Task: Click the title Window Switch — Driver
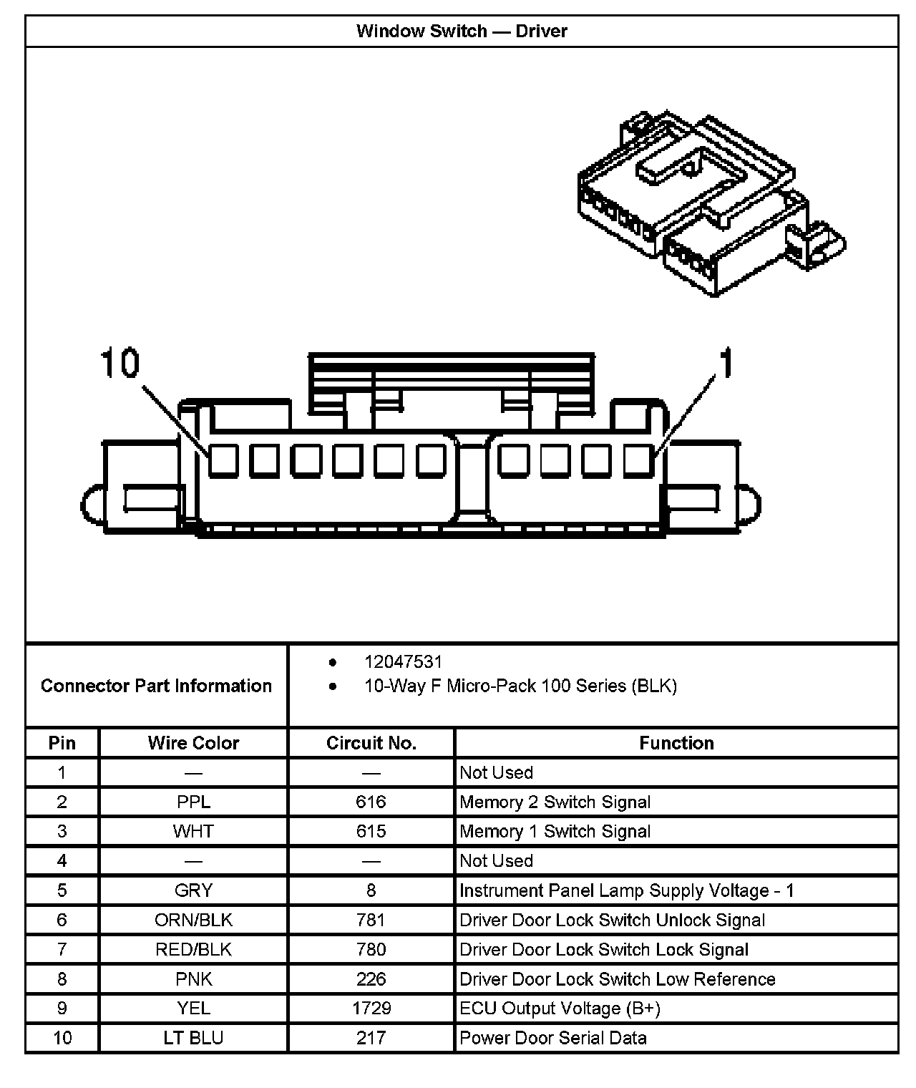462,31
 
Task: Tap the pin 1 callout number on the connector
726,363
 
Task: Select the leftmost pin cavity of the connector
223,460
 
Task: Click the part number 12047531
403,662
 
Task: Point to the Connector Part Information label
156,686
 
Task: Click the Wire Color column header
193,743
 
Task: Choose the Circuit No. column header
371,743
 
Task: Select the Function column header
676,743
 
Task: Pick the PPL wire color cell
193,802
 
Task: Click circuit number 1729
371,1009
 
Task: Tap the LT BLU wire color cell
193,1038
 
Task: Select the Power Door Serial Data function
552,1038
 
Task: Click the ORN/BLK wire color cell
193,920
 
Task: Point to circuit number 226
371,979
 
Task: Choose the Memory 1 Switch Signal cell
555,832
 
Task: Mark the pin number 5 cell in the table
62,890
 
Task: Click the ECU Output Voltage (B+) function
560,1009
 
